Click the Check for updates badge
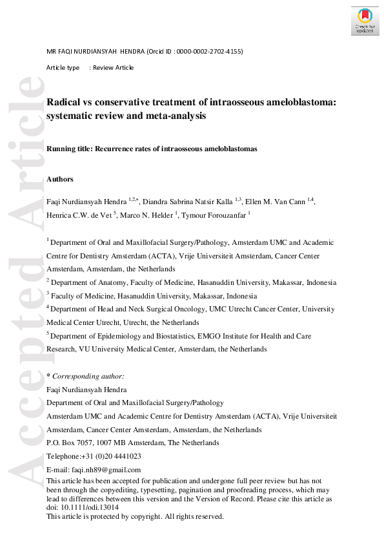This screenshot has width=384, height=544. coord(365,21)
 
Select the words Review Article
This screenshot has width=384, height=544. coord(114,67)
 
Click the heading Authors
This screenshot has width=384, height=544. coord(60,179)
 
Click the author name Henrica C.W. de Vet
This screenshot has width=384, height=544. coord(79,215)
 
